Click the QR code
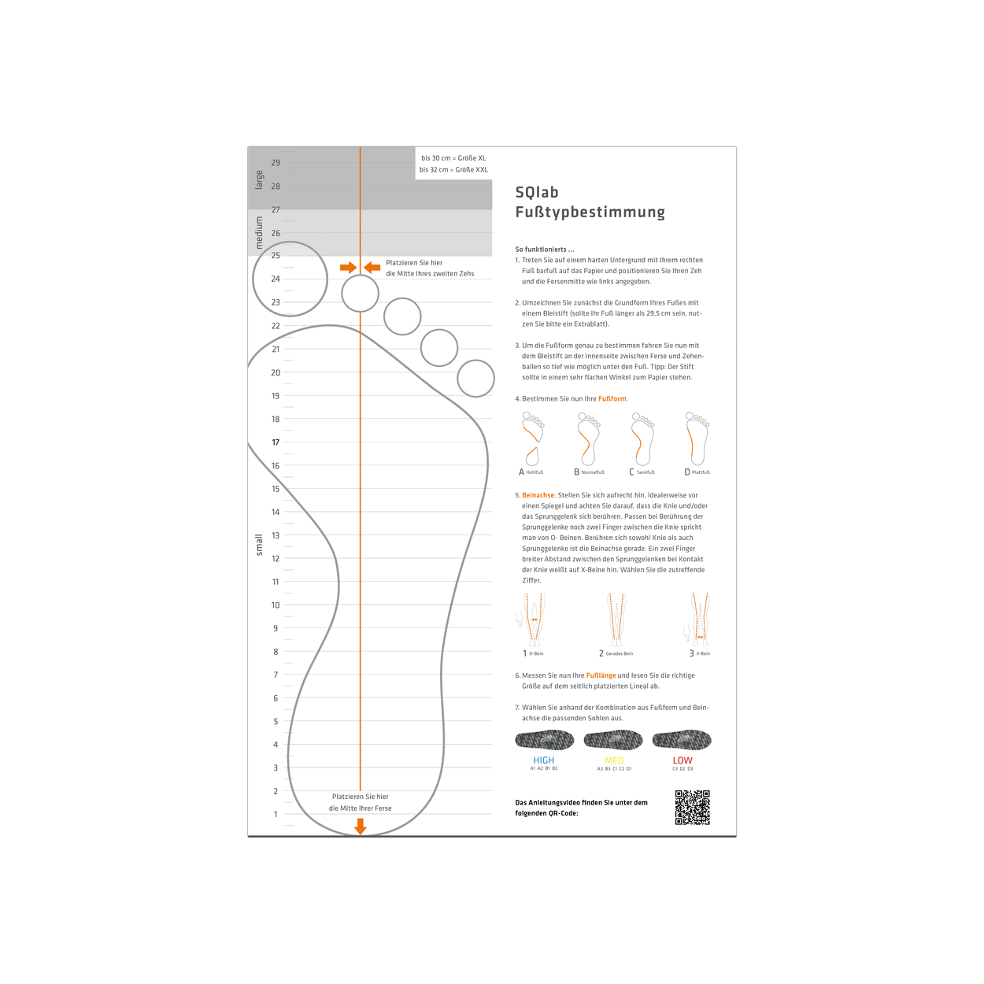(692, 808)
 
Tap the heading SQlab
(537, 193)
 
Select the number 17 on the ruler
(276, 442)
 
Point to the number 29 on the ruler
(276, 163)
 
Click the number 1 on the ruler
(276, 814)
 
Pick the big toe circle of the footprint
(290, 279)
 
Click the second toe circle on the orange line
(361, 294)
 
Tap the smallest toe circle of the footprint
(475, 379)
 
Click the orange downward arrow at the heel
(361, 826)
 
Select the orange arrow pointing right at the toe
(348, 268)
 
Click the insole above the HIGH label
(544, 740)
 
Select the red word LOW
(683, 760)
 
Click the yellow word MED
(614, 760)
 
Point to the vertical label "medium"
(259, 233)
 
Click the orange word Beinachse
(538, 495)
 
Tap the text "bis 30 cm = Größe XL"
(453, 158)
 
